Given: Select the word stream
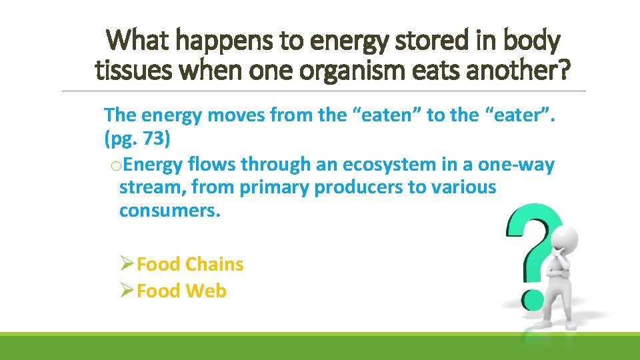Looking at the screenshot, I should point(151,187).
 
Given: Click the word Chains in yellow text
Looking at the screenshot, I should point(214,265).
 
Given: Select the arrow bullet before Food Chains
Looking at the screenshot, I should point(127,265).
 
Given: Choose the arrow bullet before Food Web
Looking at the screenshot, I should point(127,291).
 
